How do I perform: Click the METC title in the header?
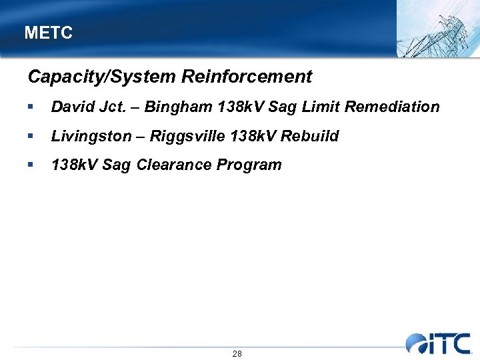[48, 33]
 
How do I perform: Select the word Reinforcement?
[247, 77]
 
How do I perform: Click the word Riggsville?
[187, 137]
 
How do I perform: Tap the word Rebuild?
[312, 136]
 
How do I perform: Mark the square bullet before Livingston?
[31, 137]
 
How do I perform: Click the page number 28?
[237, 353]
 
